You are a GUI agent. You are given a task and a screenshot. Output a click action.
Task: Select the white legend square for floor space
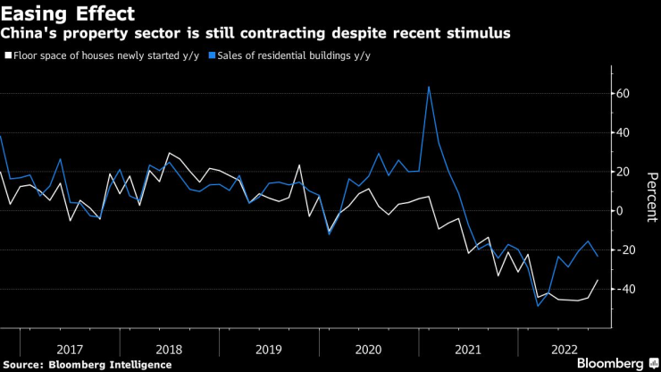[8, 55]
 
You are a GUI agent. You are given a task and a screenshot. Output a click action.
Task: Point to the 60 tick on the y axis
[623, 94]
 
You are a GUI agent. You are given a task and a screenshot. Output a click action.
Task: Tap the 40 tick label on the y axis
[623, 132]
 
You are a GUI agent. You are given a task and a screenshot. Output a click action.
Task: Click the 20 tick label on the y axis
[623, 172]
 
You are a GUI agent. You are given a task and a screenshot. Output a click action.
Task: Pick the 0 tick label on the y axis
[619, 211]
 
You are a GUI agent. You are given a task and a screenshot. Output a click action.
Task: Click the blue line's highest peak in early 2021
[430, 87]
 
